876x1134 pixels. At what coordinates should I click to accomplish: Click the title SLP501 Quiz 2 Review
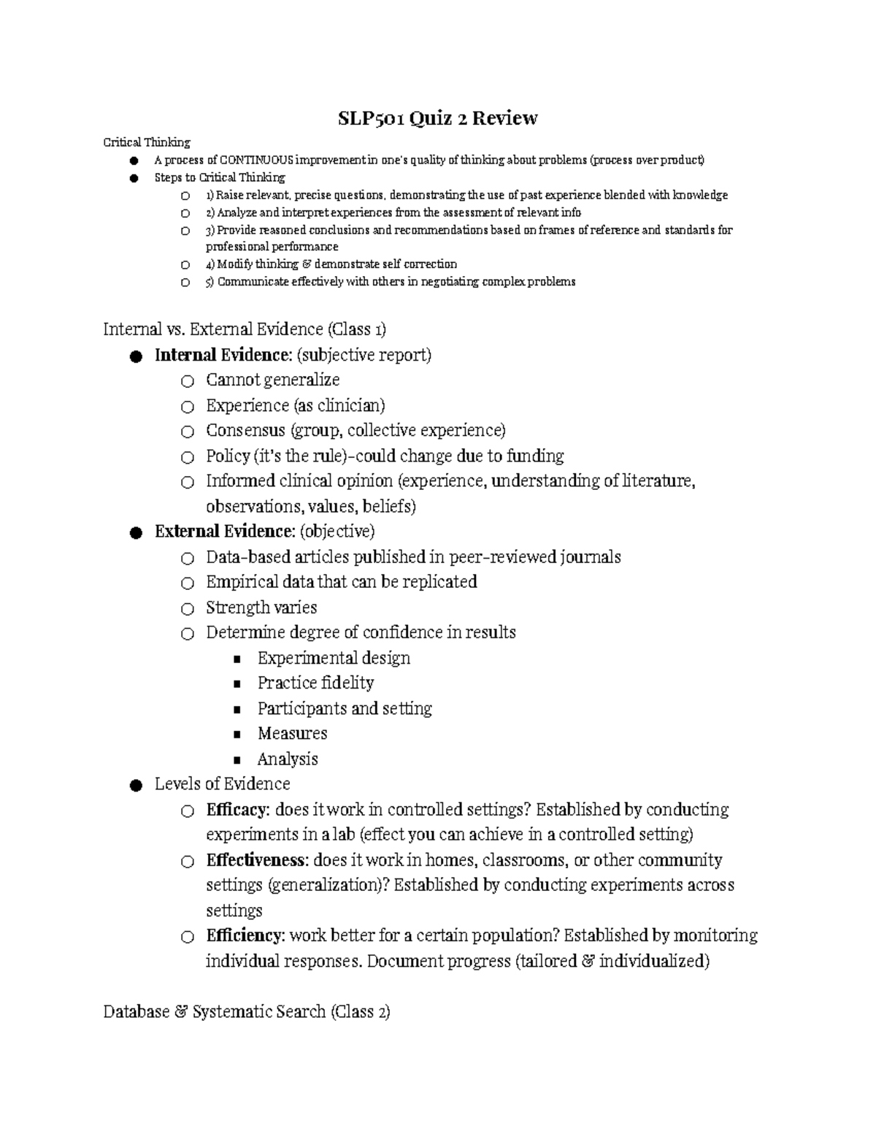point(437,118)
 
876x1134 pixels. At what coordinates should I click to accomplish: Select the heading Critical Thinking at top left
point(146,142)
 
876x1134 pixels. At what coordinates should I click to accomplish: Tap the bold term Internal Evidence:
point(223,356)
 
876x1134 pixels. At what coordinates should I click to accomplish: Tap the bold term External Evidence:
point(225,532)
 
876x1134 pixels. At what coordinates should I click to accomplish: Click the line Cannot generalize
point(272,380)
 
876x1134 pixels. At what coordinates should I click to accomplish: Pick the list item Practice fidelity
point(315,683)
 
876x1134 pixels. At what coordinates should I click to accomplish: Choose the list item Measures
point(292,734)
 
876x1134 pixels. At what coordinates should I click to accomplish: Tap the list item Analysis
point(288,759)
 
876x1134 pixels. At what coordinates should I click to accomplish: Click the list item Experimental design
point(334,659)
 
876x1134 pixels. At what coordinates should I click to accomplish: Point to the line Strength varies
point(261,608)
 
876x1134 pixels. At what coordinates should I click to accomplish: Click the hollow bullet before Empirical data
point(188,583)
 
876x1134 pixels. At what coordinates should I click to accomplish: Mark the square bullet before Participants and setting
point(237,710)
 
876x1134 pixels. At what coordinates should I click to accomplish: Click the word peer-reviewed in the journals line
point(502,558)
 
